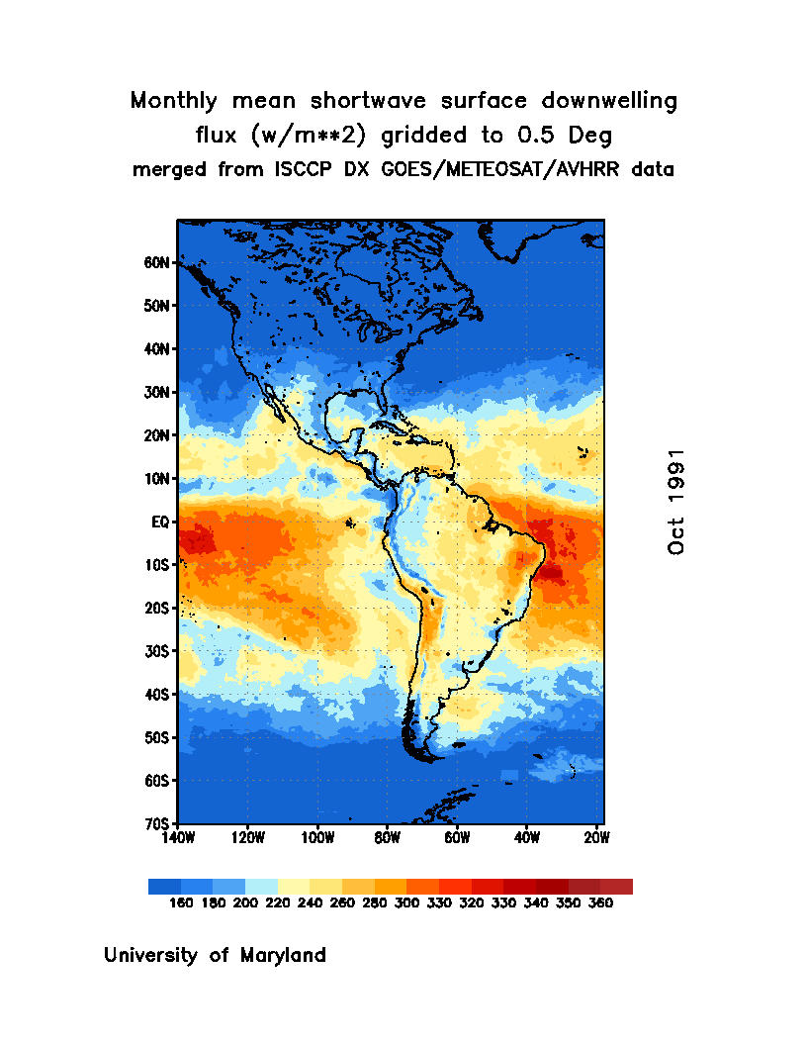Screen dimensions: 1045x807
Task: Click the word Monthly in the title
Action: (x=176, y=101)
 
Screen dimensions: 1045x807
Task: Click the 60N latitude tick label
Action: (x=159, y=263)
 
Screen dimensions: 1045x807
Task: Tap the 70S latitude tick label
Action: (x=159, y=823)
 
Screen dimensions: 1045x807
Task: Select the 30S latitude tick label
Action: (x=159, y=651)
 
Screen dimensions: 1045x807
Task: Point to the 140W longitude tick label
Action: (x=178, y=838)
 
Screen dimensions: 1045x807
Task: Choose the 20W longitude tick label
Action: (x=597, y=838)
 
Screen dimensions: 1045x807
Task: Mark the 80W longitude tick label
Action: (x=388, y=838)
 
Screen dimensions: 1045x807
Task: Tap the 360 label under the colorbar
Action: (x=600, y=902)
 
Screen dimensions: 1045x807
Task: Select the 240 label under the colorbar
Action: (x=295, y=902)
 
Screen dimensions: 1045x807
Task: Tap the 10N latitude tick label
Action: (x=159, y=479)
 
